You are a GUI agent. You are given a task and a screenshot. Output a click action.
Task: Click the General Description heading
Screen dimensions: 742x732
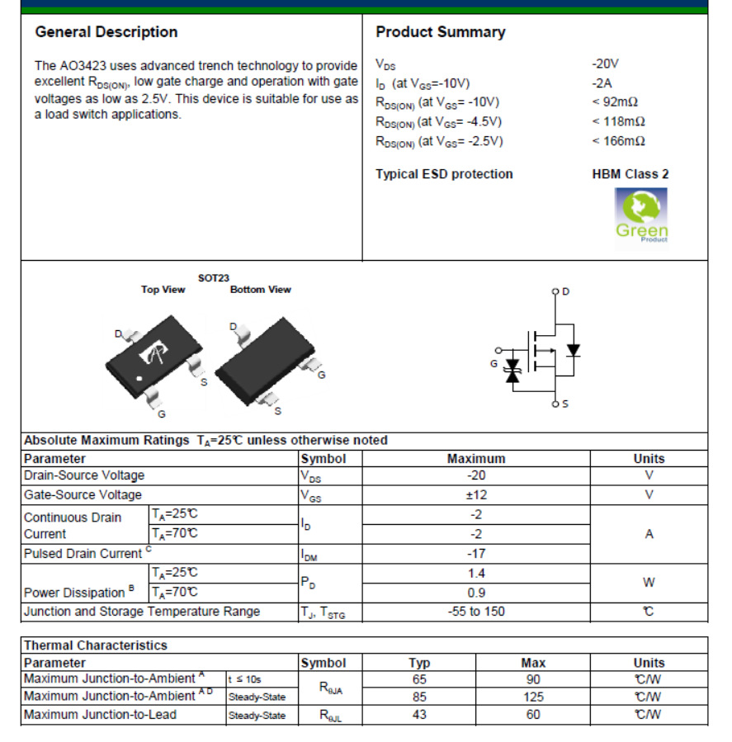point(106,32)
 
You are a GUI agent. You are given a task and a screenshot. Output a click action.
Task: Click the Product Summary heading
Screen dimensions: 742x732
point(440,32)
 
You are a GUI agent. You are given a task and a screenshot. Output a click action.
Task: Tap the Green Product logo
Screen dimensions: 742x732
point(641,215)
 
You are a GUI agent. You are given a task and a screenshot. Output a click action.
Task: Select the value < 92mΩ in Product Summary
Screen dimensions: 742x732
point(615,102)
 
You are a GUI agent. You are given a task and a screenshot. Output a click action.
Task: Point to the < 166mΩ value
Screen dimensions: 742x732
point(618,141)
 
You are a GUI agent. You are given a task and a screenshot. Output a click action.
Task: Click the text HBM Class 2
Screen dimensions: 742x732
point(630,174)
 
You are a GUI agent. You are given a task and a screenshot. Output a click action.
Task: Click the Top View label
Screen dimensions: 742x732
point(163,290)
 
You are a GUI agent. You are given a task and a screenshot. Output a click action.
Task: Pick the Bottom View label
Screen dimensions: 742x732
point(261,290)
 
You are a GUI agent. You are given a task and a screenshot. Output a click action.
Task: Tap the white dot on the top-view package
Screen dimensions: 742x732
point(140,379)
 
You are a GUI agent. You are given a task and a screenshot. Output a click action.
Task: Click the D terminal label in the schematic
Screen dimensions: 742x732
point(565,291)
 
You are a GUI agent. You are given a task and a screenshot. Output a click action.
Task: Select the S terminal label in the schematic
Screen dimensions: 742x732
point(564,404)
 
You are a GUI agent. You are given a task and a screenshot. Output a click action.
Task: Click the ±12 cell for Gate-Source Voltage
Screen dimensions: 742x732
point(476,495)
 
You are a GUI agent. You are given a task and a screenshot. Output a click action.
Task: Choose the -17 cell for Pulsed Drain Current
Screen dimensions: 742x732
point(476,554)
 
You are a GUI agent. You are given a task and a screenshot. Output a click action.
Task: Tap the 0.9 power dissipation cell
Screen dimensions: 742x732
point(476,593)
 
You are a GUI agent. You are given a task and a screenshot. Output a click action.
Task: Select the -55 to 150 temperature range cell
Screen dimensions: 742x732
point(476,612)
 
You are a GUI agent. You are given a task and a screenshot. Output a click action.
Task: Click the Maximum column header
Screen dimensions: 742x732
point(476,459)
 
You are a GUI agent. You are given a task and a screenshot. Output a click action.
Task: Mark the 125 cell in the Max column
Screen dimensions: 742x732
point(533,697)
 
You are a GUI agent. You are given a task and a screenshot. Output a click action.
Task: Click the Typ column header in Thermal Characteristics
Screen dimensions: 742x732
point(419,663)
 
